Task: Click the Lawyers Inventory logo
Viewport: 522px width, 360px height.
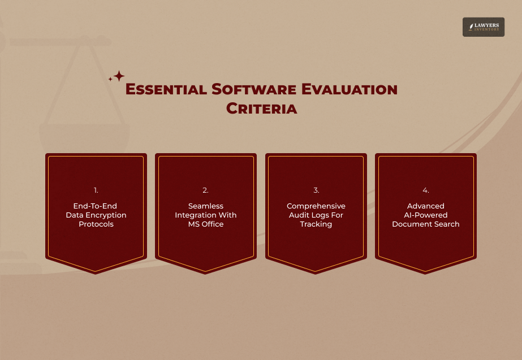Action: click(x=484, y=27)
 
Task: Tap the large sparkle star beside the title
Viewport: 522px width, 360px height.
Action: click(x=119, y=76)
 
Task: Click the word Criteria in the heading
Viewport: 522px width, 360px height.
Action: click(x=261, y=109)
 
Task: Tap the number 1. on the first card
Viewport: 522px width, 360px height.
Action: click(x=96, y=190)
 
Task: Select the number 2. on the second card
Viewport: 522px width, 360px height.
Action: click(x=206, y=190)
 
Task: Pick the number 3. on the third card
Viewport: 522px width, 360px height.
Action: click(x=316, y=190)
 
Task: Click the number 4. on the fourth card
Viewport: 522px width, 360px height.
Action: click(x=426, y=190)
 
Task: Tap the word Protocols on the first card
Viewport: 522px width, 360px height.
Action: click(x=96, y=224)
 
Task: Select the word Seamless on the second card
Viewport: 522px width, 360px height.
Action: click(x=206, y=206)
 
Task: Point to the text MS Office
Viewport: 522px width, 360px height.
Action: click(x=206, y=224)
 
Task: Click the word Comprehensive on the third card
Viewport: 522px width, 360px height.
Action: click(x=316, y=206)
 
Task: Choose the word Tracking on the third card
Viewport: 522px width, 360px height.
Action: click(x=316, y=224)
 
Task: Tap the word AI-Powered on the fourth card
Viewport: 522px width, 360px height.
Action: click(x=426, y=215)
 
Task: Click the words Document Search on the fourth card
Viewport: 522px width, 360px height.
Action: click(x=426, y=224)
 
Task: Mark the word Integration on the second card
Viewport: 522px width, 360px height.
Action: click(x=194, y=215)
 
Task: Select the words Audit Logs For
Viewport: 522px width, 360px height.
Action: click(x=316, y=215)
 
